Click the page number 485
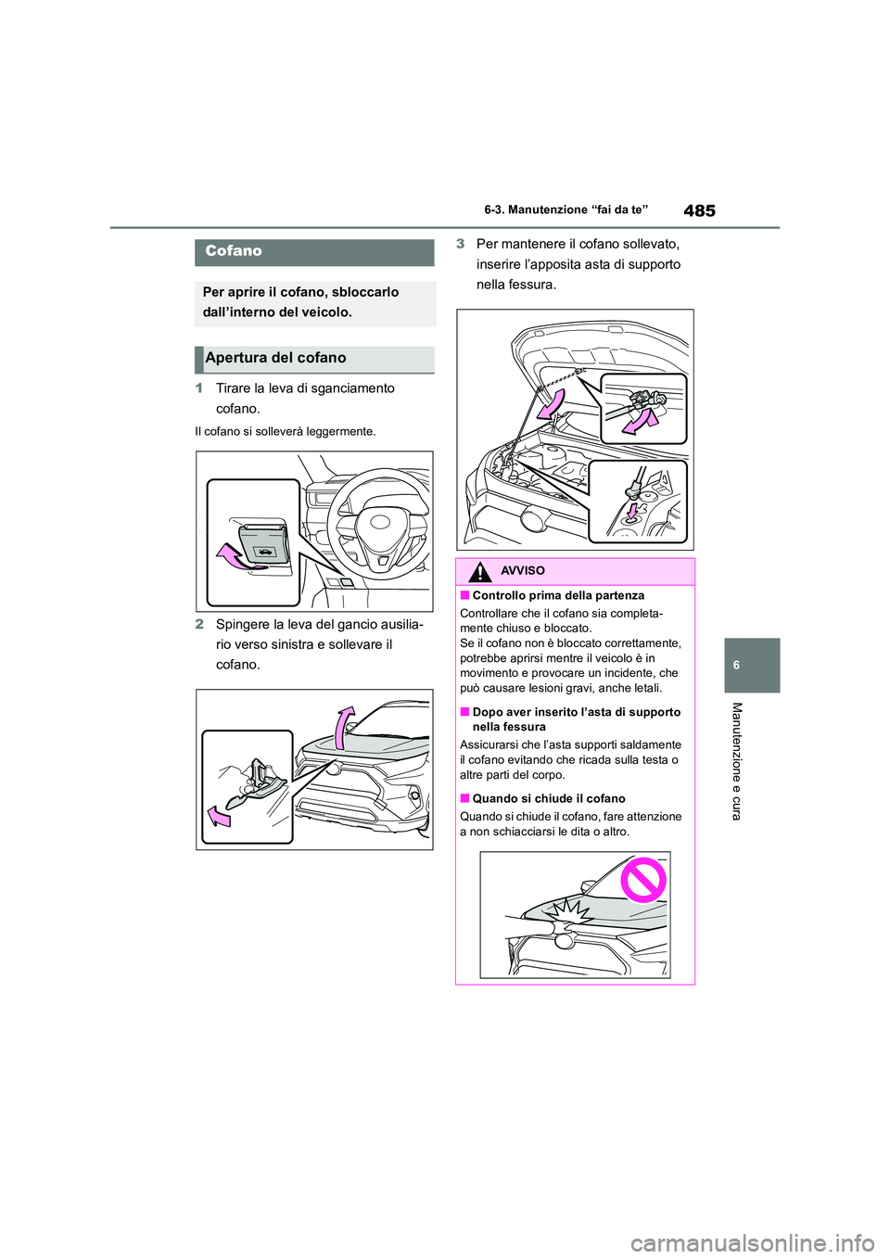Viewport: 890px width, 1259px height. [x=699, y=210]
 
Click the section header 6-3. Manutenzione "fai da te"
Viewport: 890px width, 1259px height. [x=566, y=210]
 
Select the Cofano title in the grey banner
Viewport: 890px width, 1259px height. [x=234, y=251]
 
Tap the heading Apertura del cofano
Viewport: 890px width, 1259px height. [x=275, y=358]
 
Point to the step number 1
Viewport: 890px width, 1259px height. [x=199, y=388]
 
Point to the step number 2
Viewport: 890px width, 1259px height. [x=199, y=625]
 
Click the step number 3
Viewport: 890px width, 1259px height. [x=460, y=244]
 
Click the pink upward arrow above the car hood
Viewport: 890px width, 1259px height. [x=344, y=727]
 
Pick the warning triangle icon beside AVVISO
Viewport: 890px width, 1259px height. [x=479, y=572]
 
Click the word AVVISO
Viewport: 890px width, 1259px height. [x=523, y=571]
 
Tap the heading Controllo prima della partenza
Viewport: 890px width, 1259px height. [x=558, y=596]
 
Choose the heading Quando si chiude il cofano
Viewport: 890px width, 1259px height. [x=549, y=799]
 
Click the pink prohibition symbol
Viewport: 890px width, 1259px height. [x=643, y=881]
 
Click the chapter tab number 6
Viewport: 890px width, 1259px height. [x=752, y=666]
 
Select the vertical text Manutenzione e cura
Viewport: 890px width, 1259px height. [x=737, y=761]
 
